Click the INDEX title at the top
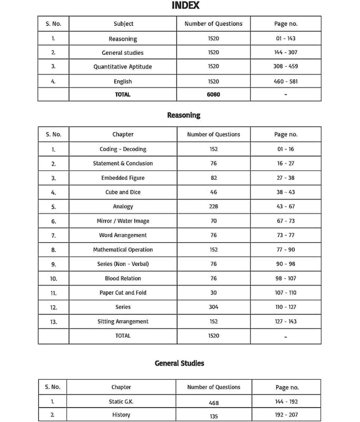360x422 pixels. coord(186,6)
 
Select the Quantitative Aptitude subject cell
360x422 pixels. coord(122,67)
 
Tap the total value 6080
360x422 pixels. coord(213,94)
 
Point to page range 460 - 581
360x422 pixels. coord(286,82)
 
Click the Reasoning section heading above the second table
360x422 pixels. coord(183,115)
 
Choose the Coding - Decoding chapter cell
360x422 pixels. coord(123,149)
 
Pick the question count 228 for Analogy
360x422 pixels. coord(213,206)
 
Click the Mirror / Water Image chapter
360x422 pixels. coord(123,221)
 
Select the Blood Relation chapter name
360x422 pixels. coord(123,278)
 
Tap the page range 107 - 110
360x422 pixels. coord(286,293)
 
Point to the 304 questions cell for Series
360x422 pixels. coord(213,307)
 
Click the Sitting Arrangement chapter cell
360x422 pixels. coord(123,321)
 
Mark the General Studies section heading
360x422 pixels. coord(179,363)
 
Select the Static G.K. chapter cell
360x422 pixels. coord(121,401)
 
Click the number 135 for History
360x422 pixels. coord(213,415)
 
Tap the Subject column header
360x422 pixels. coord(123,24)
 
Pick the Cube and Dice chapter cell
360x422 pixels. coord(123,192)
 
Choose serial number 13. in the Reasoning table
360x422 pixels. coord(53,322)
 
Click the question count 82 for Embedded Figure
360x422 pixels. coord(213,178)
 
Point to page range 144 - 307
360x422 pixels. coord(286,53)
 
